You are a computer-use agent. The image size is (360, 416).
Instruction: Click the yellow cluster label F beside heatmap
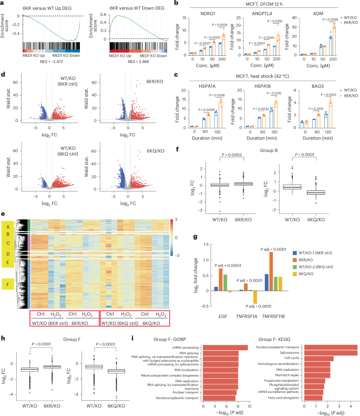[7, 286]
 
